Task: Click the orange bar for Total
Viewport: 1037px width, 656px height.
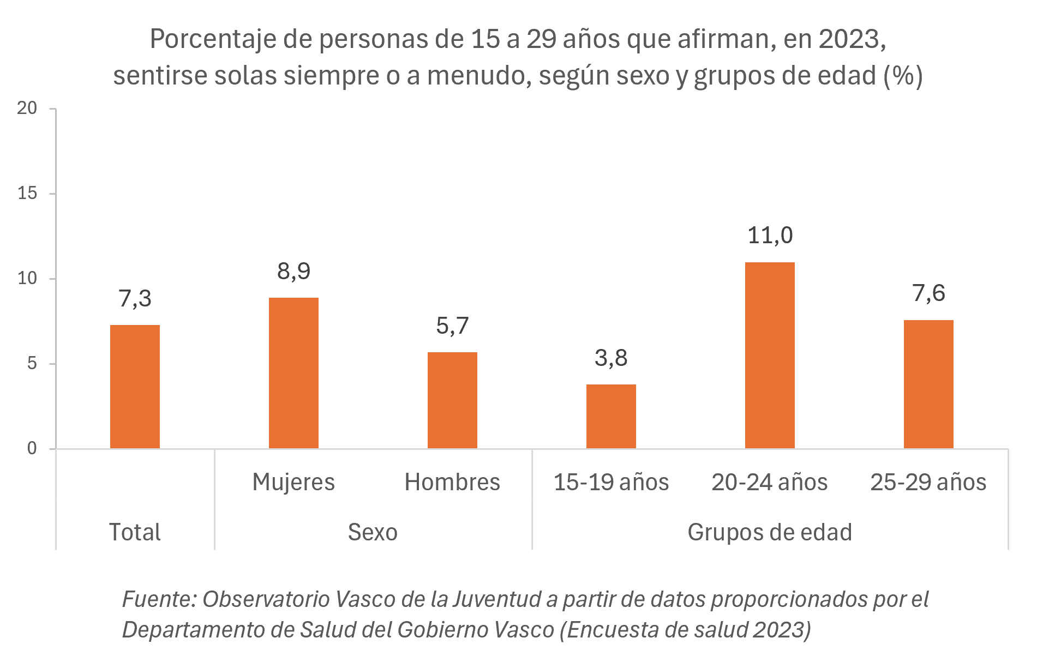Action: tap(135, 387)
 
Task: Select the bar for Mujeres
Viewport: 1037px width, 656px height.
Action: tap(293, 373)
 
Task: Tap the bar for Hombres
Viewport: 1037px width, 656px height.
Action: tap(452, 400)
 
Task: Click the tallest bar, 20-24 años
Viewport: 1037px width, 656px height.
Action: tap(770, 355)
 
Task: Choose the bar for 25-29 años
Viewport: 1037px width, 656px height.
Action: tap(928, 384)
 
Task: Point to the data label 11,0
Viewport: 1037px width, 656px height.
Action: tap(770, 236)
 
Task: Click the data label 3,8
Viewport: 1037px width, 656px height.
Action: tap(611, 358)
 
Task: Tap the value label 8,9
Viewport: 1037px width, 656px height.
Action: tap(293, 271)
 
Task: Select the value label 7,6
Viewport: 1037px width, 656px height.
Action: tap(928, 293)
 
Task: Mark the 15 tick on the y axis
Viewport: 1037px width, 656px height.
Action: tap(27, 193)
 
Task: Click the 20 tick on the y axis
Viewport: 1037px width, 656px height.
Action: tap(27, 108)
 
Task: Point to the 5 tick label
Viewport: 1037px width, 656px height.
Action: tap(32, 363)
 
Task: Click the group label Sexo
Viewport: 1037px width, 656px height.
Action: tap(373, 532)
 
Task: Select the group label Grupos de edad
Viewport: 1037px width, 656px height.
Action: tap(769, 532)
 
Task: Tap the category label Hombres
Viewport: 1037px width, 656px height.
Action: tap(452, 482)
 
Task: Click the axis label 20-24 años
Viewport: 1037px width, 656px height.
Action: tap(769, 482)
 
